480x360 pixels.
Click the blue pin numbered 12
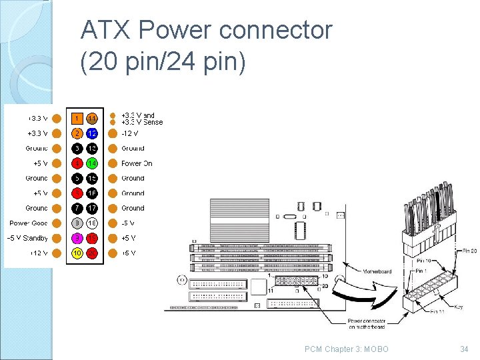point(92,133)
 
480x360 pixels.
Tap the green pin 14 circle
point(92,163)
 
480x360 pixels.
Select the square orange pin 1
point(77,119)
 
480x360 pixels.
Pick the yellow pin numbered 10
point(77,253)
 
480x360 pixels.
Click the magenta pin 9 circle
point(77,238)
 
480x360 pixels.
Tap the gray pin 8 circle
point(77,223)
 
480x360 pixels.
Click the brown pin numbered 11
point(92,119)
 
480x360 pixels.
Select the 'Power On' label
point(137,163)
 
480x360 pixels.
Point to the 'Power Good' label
point(28,223)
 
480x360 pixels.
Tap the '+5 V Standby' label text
point(27,238)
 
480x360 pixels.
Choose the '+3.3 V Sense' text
point(142,122)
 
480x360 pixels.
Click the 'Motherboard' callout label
point(377,271)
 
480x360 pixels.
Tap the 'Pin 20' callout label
point(469,251)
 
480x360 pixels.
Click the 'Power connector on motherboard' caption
point(367,324)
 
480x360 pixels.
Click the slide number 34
point(464,349)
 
